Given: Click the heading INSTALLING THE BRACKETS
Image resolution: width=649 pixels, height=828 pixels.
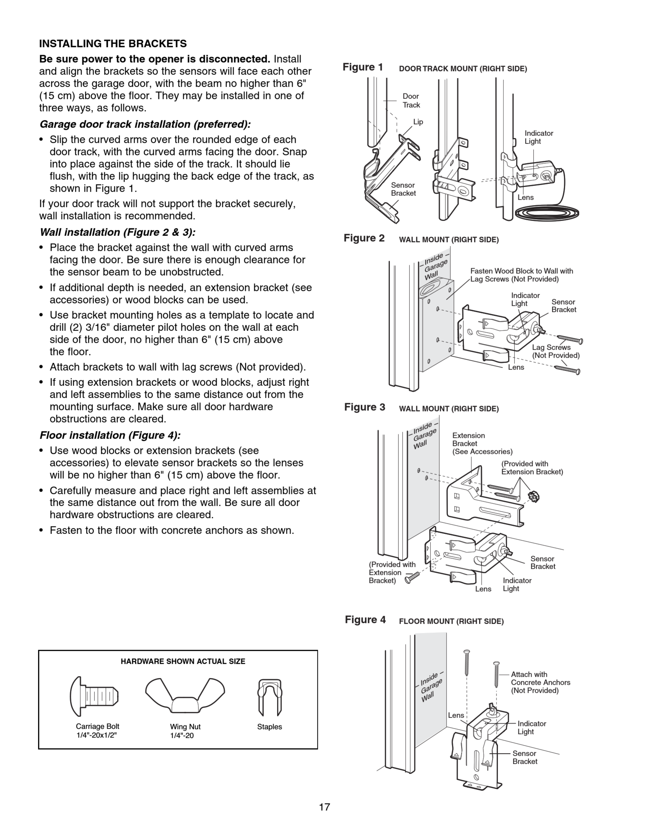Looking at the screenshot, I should pos(113,44).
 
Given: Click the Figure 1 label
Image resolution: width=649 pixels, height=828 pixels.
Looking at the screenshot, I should pos(363,67).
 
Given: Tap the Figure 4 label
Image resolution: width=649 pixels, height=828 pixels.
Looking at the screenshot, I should pos(365,620).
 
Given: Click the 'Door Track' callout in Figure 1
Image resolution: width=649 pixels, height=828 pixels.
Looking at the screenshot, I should pos(411,101).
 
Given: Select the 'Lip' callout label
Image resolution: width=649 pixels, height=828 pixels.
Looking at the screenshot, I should pos(418,122).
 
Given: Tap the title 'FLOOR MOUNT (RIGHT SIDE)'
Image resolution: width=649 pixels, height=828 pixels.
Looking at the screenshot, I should pos(451,621).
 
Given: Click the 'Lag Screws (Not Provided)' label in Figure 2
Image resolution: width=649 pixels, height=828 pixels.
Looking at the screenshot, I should pos(555,351).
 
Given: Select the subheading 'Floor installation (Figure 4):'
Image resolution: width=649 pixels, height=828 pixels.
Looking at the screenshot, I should pos(110,435).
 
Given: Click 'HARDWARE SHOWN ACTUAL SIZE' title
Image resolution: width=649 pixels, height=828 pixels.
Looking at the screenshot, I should pos(183,661).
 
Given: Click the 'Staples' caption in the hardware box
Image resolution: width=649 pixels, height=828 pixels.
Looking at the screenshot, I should pos(269,727).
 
